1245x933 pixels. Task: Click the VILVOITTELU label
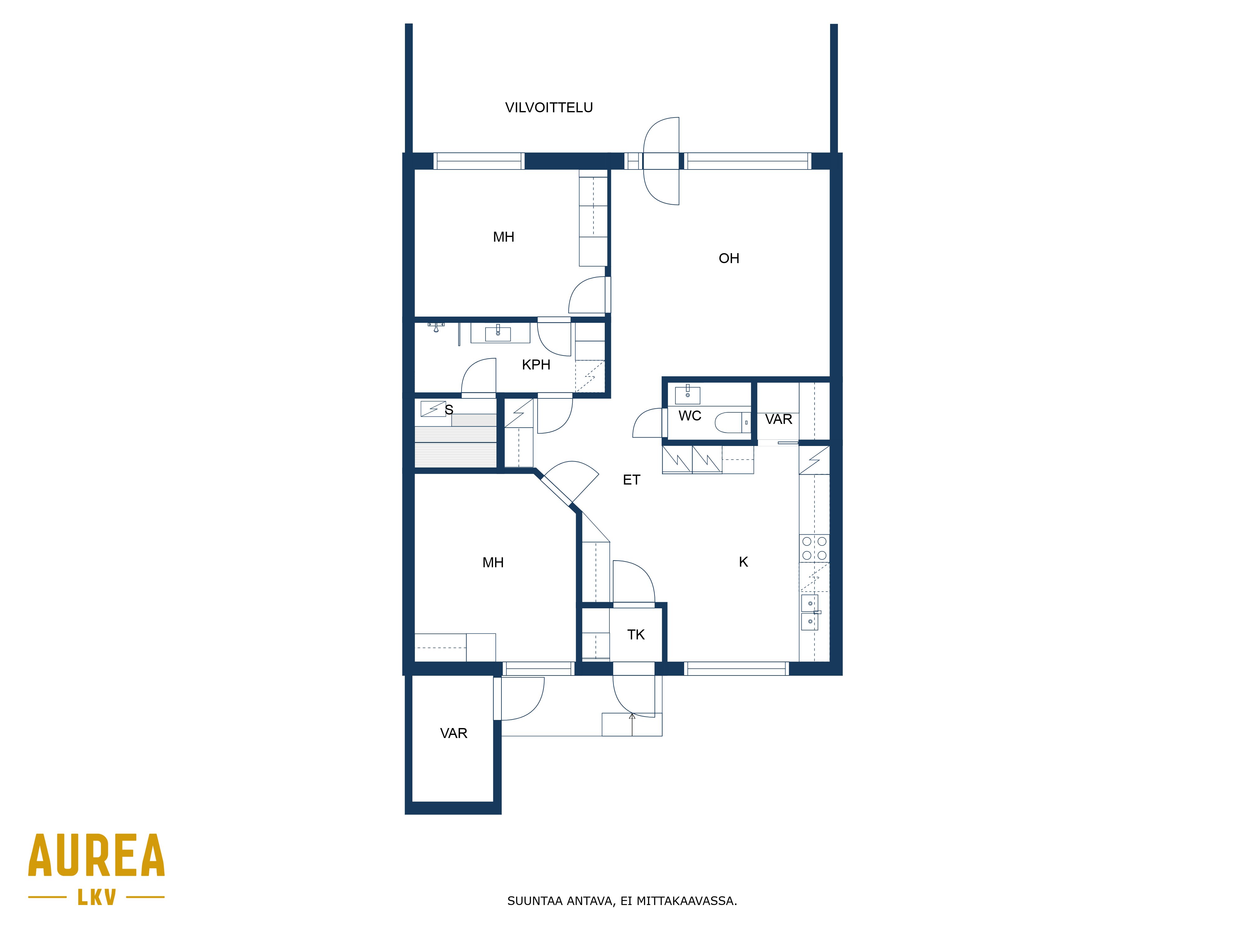click(x=549, y=107)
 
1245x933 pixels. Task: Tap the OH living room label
click(x=729, y=258)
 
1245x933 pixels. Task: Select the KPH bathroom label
click(x=536, y=364)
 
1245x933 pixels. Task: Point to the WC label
click(x=689, y=415)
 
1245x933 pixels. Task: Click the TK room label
click(x=636, y=634)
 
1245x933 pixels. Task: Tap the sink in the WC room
click(x=687, y=395)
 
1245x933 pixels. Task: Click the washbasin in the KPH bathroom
click(x=498, y=333)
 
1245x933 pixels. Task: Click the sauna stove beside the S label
click(x=433, y=409)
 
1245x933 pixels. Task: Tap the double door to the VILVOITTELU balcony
click(x=661, y=161)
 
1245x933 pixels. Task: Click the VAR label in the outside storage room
click(x=454, y=733)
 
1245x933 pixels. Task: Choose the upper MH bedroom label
click(x=503, y=237)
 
